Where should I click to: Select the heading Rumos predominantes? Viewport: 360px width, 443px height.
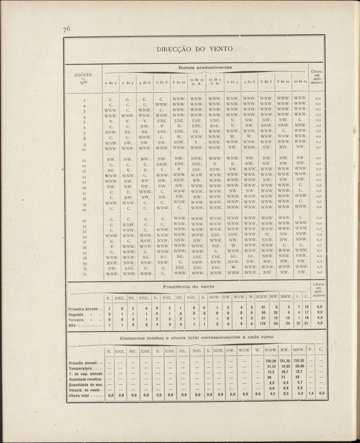coord(205,67)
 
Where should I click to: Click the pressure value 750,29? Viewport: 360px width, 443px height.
coord(271,361)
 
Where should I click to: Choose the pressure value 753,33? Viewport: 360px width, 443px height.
coord(298,361)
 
